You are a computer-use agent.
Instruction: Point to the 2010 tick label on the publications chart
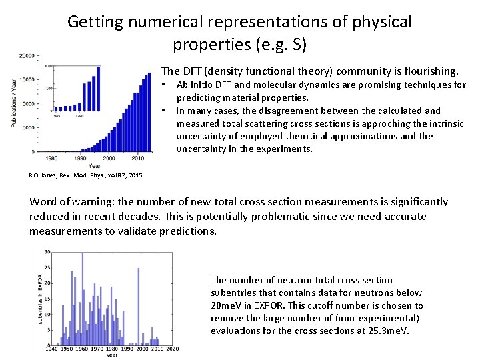pos(137,158)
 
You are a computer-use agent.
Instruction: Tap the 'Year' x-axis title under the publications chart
pos(95,165)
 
